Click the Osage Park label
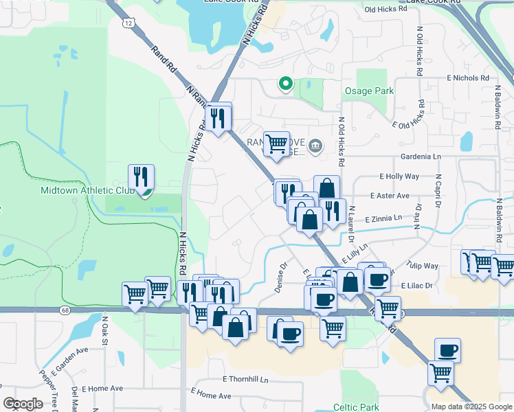tap(369, 91)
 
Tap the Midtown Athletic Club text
tap(85, 190)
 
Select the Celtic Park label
tap(356, 407)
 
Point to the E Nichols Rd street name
tap(467, 78)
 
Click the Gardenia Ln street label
tap(421, 157)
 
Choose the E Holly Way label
tap(399, 176)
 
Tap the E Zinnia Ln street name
tap(383, 219)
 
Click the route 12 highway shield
tap(129, 23)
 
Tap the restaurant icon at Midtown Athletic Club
tap(141, 176)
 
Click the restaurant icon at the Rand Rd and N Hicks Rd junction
tap(218, 117)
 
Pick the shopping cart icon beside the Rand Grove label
tap(276, 144)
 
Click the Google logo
tap(23, 404)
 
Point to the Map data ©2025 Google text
tap(471, 407)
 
